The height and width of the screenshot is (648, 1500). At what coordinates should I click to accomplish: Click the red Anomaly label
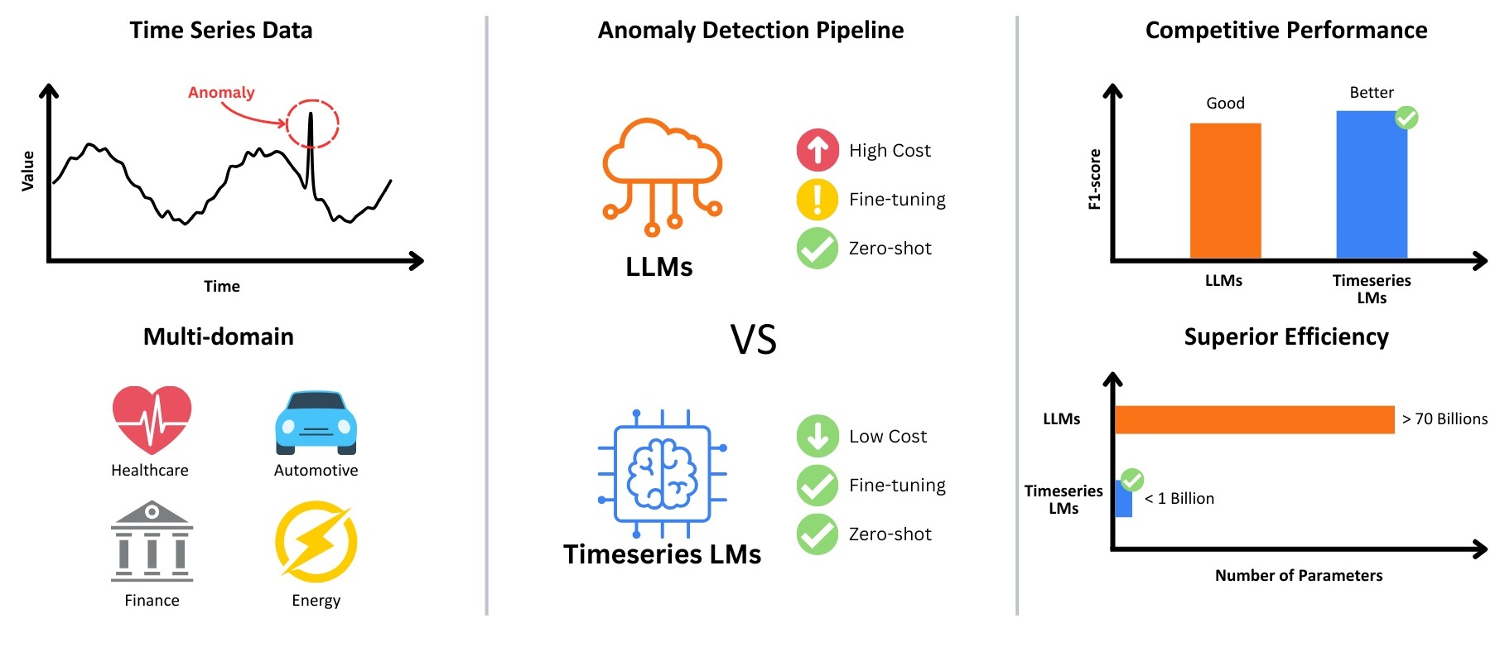(x=221, y=93)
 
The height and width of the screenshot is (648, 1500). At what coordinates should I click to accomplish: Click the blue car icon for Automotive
(x=316, y=423)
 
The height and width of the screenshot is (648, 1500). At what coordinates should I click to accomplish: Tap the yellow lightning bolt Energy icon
(x=316, y=542)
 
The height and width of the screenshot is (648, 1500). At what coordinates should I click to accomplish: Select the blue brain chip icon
(x=662, y=472)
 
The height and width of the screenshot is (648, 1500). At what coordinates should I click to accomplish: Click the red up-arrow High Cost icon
(x=818, y=150)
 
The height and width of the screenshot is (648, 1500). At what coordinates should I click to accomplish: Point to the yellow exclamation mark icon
(x=818, y=199)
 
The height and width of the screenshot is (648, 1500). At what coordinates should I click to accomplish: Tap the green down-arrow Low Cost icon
(x=818, y=436)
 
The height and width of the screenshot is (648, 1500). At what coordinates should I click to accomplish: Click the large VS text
(x=753, y=340)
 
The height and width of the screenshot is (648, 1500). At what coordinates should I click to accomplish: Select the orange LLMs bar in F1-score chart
(x=1225, y=191)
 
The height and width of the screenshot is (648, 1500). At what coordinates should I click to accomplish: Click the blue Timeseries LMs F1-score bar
(x=1371, y=185)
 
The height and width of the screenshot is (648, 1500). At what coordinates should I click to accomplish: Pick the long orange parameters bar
(x=1254, y=419)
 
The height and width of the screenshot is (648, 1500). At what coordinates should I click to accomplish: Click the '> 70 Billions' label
(x=1445, y=419)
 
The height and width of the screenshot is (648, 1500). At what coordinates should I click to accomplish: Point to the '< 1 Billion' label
(x=1179, y=498)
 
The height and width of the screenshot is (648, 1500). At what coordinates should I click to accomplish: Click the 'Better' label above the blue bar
(x=1372, y=93)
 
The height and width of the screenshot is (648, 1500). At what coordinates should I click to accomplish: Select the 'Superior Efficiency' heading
(x=1285, y=337)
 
